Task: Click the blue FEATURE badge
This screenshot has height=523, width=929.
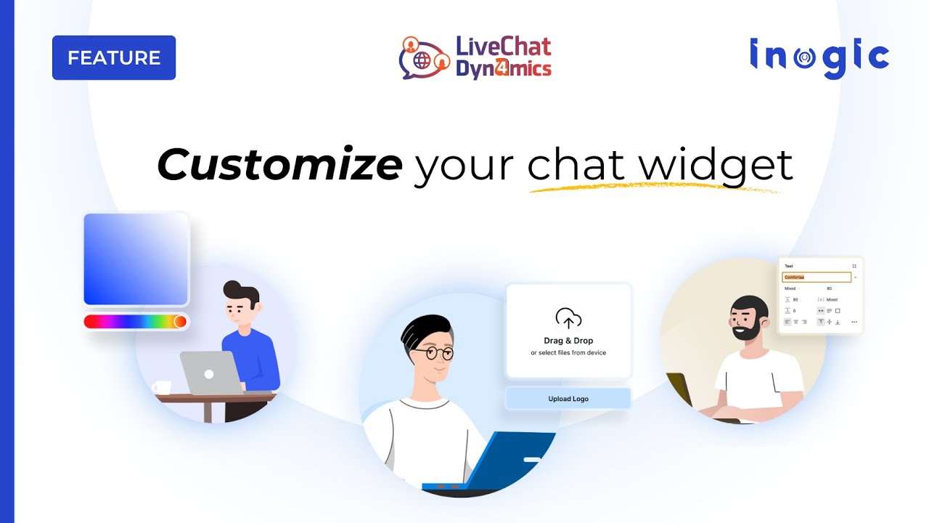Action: coord(114,57)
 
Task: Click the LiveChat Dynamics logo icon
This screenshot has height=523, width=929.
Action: coord(425,58)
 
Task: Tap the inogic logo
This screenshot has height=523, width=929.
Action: coord(819,58)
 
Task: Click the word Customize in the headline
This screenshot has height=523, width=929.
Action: coord(279,166)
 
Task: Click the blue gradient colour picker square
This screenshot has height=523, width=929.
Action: coord(136,259)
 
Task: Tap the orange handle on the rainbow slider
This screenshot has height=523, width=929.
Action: coord(180,321)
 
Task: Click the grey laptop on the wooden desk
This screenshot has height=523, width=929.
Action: coord(210,373)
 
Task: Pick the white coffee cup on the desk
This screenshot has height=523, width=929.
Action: coord(161,388)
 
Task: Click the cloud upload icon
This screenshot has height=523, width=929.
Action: coord(568,318)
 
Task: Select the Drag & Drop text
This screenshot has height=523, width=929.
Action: coord(568,341)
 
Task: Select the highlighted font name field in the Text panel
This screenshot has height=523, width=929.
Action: coord(816,277)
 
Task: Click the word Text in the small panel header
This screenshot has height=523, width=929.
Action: coord(789,267)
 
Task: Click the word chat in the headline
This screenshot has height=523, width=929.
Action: coord(575,166)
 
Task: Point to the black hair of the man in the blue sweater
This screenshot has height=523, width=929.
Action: coord(241,292)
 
